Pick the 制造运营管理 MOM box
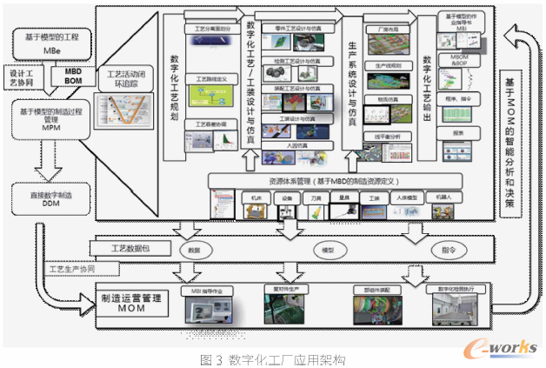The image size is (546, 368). coord(131,298)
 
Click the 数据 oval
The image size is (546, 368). coord(194,250)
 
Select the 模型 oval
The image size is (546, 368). coord(328,250)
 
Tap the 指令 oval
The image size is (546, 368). coord(448,250)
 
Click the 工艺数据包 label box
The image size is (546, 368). coord(130,249)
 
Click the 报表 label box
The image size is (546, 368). coord(458,133)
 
